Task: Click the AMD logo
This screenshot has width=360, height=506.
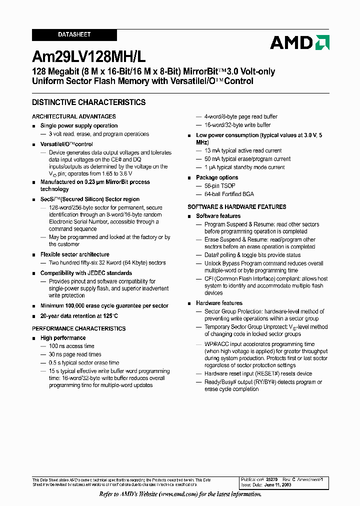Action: pyautogui.click(x=299, y=42)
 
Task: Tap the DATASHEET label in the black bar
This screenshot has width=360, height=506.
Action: pyautogui.click(x=74, y=35)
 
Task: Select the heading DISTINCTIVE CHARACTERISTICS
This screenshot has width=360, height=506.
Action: pyautogui.click(x=89, y=102)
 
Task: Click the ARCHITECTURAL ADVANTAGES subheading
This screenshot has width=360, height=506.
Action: pyautogui.click(x=74, y=116)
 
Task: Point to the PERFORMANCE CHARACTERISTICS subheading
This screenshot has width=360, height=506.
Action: pyautogui.click(x=79, y=328)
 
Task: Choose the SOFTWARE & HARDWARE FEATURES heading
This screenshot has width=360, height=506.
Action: pyautogui.click(x=237, y=207)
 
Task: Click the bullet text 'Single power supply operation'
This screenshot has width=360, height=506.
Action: pyautogui.click(x=79, y=126)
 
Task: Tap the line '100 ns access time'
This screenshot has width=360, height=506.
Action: pyautogui.click(x=71, y=346)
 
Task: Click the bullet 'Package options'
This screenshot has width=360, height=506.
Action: pyautogui.click(x=217, y=177)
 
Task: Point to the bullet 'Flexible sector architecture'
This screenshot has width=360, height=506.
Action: pyautogui.click(x=75, y=254)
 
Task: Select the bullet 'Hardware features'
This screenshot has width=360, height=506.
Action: pyautogui.click(x=219, y=303)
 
